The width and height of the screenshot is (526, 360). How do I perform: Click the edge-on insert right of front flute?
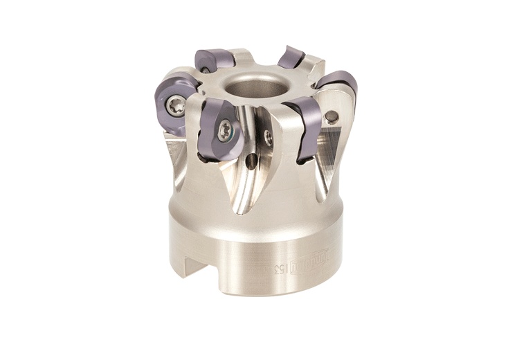302,128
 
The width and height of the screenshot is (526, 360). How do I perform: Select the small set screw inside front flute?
269,138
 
